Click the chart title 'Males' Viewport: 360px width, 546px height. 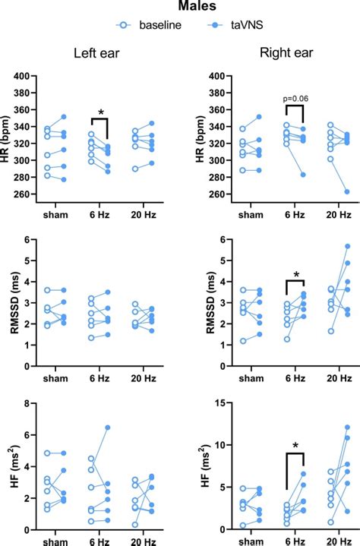pos(180,7)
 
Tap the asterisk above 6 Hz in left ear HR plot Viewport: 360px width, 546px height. pos(100,112)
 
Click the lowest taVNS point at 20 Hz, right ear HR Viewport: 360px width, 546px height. pos(347,191)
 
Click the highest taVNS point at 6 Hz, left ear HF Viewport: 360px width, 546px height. pos(128,428)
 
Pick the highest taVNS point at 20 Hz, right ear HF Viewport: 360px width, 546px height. pos(347,427)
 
